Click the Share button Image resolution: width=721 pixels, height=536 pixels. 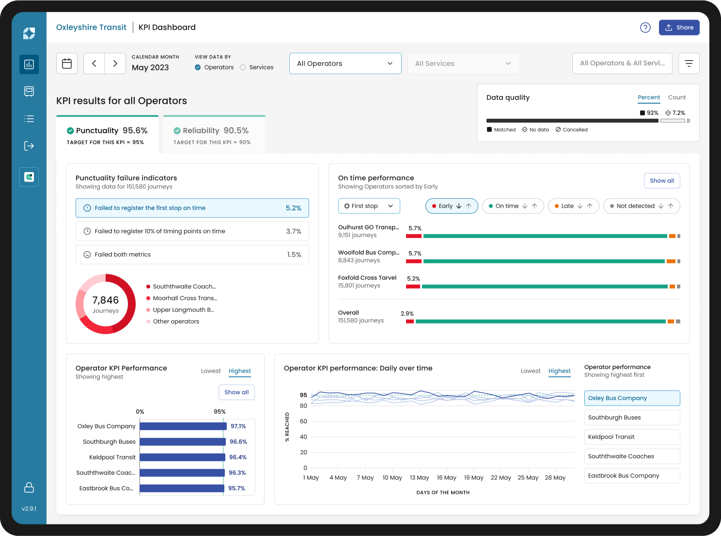pyautogui.click(x=679, y=28)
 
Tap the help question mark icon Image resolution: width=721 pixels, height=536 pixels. pyautogui.click(x=645, y=28)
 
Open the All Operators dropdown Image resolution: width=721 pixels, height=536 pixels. pyautogui.click(x=345, y=64)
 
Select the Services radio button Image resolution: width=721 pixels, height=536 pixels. pyautogui.click(x=243, y=67)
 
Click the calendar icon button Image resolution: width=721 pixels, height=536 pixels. pyautogui.click(x=67, y=64)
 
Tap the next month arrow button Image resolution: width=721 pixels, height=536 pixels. pyautogui.click(x=115, y=64)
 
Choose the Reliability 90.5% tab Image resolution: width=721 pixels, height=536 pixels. pyautogui.click(x=214, y=135)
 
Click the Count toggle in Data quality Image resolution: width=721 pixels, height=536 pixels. pyautogui.click(x=677, y=97)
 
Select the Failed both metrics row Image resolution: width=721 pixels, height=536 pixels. pyautogui.click(x=192, y=255)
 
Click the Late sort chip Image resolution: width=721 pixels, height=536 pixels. pyautogui.click(x=573, y=206)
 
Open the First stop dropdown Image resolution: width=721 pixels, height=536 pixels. pyautogui.click(x=369, y=206)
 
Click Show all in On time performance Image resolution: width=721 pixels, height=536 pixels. pyautogui.click(x=661, y=181)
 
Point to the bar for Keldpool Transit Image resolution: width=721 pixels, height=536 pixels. pyautogui.click(x=182, y=457)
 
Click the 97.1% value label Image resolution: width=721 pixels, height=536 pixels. pyautogui.click(x=238, y=426)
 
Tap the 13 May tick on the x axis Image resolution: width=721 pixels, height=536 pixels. pyautogui.click(x=419, y=478)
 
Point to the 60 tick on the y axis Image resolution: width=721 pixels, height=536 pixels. pyautogui.click(x=303, y=422)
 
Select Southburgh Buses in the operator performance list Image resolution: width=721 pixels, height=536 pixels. pyautogui.click(x=632, y=418)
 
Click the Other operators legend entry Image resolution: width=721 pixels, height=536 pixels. pyautogui.click(x=176, y=322)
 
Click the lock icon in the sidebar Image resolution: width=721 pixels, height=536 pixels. pyautogui.click(x=29, y=487)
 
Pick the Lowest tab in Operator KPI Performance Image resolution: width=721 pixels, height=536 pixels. pyautogui.click(x=211, y=371)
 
